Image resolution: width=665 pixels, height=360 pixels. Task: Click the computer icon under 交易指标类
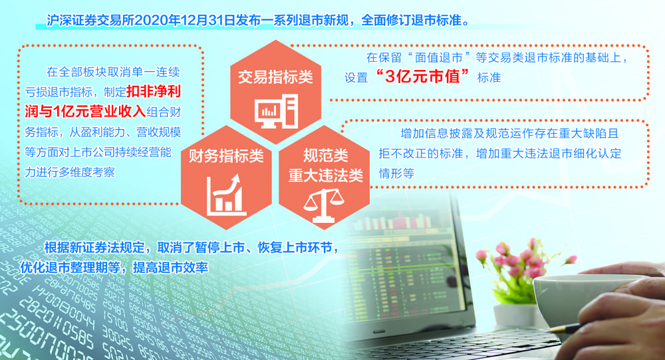276,111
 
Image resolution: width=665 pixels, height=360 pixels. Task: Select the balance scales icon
324,206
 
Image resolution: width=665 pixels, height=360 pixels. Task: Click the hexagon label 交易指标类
275,77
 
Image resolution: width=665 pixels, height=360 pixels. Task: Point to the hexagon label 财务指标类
226,156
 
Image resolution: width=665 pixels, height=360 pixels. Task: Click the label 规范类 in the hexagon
325,155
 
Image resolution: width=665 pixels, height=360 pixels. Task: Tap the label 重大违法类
325,175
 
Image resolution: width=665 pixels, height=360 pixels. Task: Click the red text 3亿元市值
422,77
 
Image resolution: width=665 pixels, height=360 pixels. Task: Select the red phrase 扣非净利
154,91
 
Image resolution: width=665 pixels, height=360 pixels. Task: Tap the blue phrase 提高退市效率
170,268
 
